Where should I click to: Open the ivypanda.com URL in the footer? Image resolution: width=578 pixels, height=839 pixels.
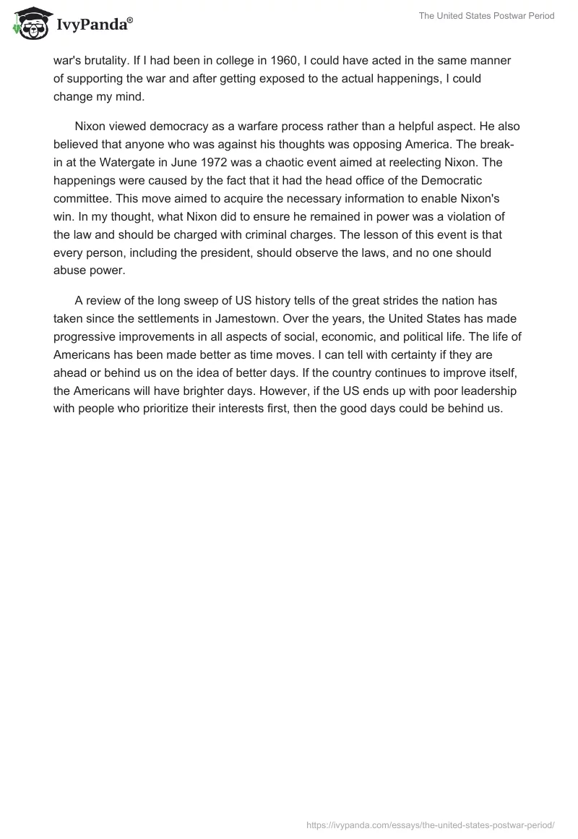pos(430,825)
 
